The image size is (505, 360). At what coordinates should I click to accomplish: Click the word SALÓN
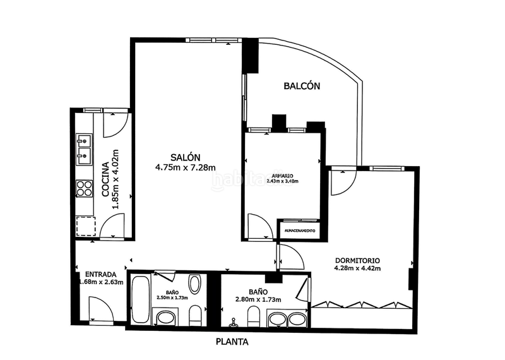(185, 157)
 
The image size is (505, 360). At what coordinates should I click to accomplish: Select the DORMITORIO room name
(357, 260)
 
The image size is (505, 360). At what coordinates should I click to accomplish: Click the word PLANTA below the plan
(232, 342)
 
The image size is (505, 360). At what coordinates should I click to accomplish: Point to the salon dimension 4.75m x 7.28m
(185, 167)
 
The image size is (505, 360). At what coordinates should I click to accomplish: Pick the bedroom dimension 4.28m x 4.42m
(357, 268)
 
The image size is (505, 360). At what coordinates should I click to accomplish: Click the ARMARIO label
(282, 175)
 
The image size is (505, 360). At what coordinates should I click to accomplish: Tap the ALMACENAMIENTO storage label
(300, 231)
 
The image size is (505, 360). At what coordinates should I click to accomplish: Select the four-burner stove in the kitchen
(83, 188)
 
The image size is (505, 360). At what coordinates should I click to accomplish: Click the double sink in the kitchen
(83, 147)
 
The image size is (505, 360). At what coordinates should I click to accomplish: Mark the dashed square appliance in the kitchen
(84, 225)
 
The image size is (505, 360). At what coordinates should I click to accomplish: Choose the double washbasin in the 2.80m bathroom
(287, 318)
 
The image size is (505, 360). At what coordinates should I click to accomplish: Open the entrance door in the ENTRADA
(100, 309)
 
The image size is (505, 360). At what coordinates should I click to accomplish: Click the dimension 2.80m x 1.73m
(258, 299)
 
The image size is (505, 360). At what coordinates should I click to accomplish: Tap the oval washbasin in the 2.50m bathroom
(194, 284)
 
